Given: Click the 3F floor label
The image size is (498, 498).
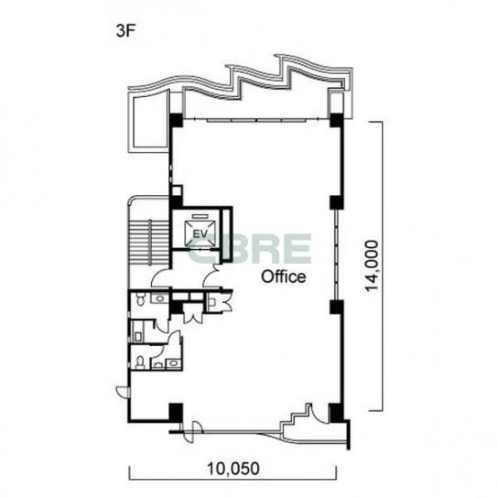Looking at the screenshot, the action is coord(126,31).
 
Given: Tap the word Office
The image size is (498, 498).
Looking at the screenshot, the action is coord(283,276).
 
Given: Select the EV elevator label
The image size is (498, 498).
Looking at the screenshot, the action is coord(200,234).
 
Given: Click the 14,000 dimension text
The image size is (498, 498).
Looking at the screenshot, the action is coord(372,265).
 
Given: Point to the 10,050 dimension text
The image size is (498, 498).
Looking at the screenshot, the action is coord(233,469).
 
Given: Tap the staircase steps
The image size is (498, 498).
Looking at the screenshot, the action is coord(149,243).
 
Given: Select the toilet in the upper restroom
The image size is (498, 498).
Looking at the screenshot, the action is coord(140,299).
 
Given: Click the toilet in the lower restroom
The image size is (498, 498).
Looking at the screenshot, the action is coord(140,363).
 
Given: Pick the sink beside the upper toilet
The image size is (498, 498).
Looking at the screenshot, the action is coord(160,298).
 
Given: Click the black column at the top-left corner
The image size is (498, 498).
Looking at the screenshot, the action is coord(176,120).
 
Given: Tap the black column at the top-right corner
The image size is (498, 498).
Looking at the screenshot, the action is coord(337,120).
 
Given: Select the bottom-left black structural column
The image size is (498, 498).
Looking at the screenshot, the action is coord(176,413).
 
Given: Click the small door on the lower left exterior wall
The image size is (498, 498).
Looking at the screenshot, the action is coord(122,391).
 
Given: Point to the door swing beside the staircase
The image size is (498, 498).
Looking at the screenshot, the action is coord(160,278).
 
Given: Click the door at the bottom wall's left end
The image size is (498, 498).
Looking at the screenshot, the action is coord(192,430).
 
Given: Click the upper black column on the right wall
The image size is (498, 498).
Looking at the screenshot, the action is coord(337,202).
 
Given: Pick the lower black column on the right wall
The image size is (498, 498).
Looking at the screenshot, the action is coord(337,307).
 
